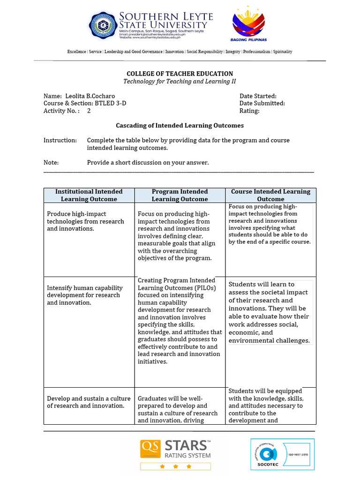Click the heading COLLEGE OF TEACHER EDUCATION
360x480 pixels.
coord(180,74)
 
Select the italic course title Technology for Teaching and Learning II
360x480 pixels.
coord(180,82)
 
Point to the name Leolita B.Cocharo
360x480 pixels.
coord(90,96)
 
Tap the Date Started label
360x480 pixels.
coord(258,96)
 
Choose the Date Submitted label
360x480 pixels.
coord(262,104)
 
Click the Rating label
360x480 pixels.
coord(249,111)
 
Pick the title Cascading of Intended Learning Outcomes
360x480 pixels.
coord(180,126)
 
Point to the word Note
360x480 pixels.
coord(51,163)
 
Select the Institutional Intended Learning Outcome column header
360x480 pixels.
coord(89,195)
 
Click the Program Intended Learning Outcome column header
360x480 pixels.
coord(180,195)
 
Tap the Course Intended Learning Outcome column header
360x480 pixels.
coord(270,195)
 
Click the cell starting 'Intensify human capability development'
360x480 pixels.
coord(85,295)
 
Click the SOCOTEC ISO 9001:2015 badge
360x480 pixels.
coord(282,454)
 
